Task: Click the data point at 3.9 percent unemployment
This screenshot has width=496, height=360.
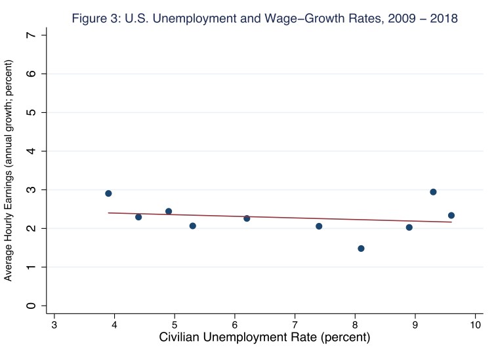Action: pos(108,193)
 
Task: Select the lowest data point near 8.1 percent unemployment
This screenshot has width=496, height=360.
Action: pos(361,249)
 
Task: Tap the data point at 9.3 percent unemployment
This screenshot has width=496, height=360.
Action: pos(433,192)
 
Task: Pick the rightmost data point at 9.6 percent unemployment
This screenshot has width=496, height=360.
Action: pos(451,215)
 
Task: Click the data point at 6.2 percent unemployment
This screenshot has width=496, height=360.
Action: pos(247,218)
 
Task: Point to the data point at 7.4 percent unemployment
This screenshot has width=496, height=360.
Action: pos(319,226)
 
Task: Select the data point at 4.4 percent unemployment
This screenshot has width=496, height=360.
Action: pos(138,217)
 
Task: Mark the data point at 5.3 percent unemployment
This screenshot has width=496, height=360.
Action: pos(192,226)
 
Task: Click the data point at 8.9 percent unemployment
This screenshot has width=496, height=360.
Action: pos(409,228)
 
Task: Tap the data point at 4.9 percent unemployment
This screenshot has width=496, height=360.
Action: pos(169,211)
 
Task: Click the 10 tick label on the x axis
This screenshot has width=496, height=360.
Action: pos(475,325)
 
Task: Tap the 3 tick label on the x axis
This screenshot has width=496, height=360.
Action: pos(54,325)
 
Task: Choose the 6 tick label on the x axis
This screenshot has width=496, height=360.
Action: pos(235,325)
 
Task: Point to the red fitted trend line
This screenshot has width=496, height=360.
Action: pos(282,218)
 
